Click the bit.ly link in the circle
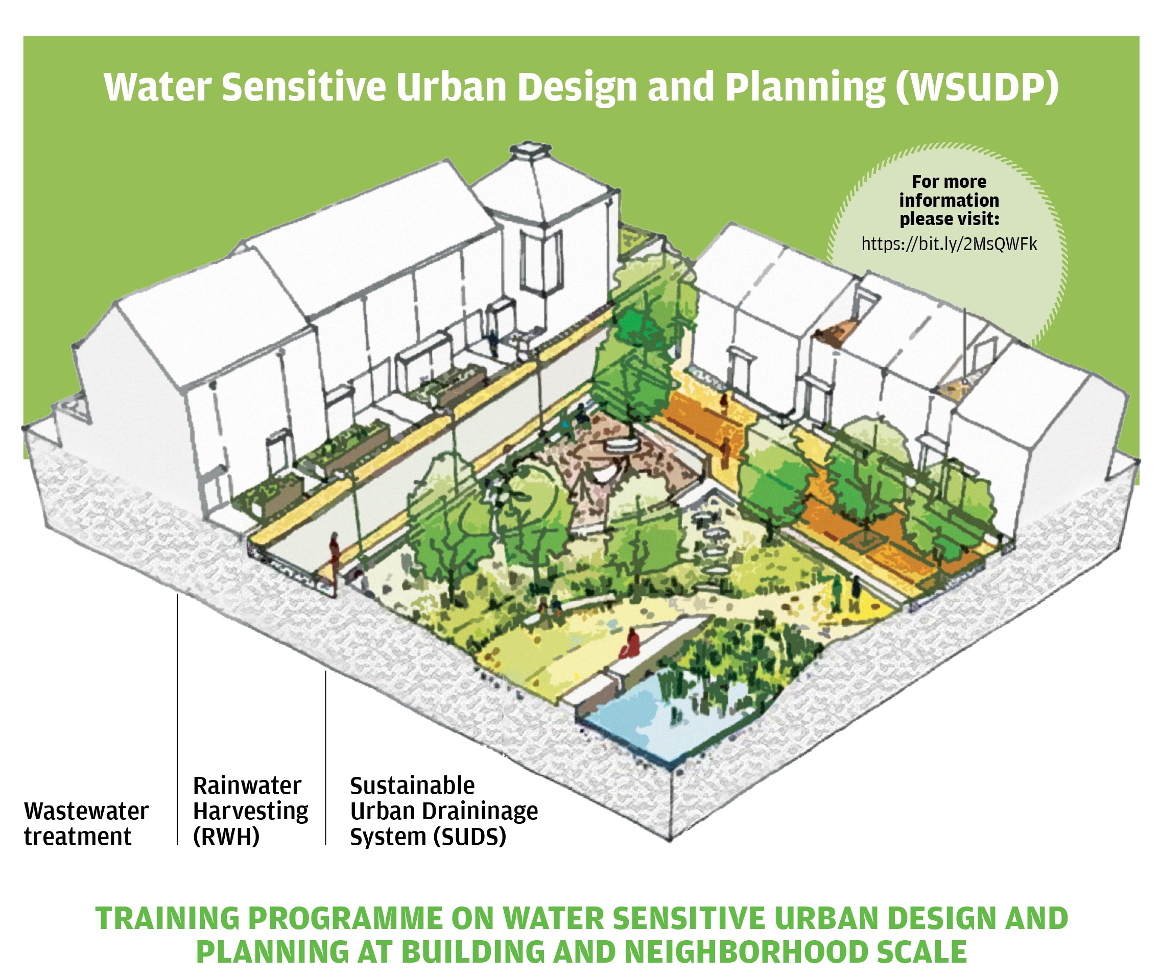pos(949,244)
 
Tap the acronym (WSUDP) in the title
pos(977,87)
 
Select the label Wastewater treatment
pos(86,824)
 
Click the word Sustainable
pos(413,786)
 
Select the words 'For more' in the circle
pos(949,182)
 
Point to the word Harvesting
pos(250,812)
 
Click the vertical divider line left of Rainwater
pos(177,719)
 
